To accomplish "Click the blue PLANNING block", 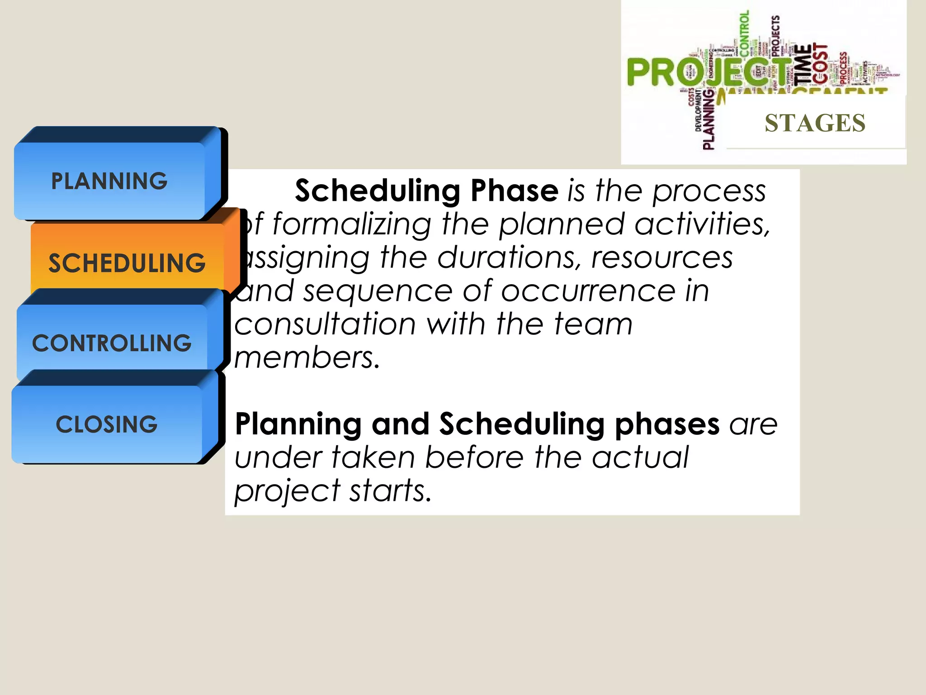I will pos(109,181).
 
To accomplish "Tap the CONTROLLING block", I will pos(112,343).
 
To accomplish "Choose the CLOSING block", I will pos(107,424).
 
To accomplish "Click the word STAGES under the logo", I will pos(815,123).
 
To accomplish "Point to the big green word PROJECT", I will pos(705,72).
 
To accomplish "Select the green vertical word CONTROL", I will pos(744,32).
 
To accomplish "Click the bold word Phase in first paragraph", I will pos(514,190).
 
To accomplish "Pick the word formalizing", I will pos(352,224).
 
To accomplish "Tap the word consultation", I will pos(325,324).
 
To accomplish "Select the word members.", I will pos(306,358).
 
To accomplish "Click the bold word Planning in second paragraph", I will pos(298,424).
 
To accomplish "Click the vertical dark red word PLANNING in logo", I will pos(709,120).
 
